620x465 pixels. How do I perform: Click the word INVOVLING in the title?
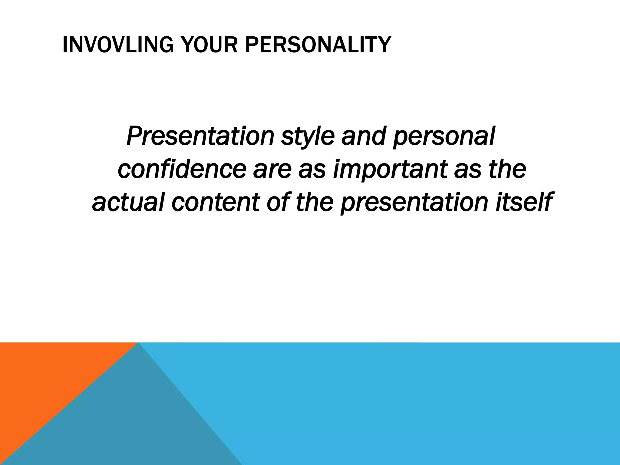[118, 45]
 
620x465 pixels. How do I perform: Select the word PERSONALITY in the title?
[318, 45]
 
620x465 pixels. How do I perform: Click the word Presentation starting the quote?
[200, 136]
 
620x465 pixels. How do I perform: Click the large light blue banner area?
[424, 403]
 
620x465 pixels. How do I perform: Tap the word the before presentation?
[315, 202]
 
